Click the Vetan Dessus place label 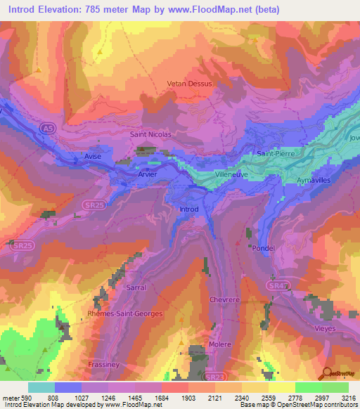tap(189, 83)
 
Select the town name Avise tap(93, 156)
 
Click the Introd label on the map tap(189, 209)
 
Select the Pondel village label tap(262, 248)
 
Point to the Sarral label tap(136, 287)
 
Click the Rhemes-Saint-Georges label tap(124, 313)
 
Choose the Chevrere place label tap(225, 299)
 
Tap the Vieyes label tap(325, 328)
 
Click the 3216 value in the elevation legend tap(348, 398)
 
